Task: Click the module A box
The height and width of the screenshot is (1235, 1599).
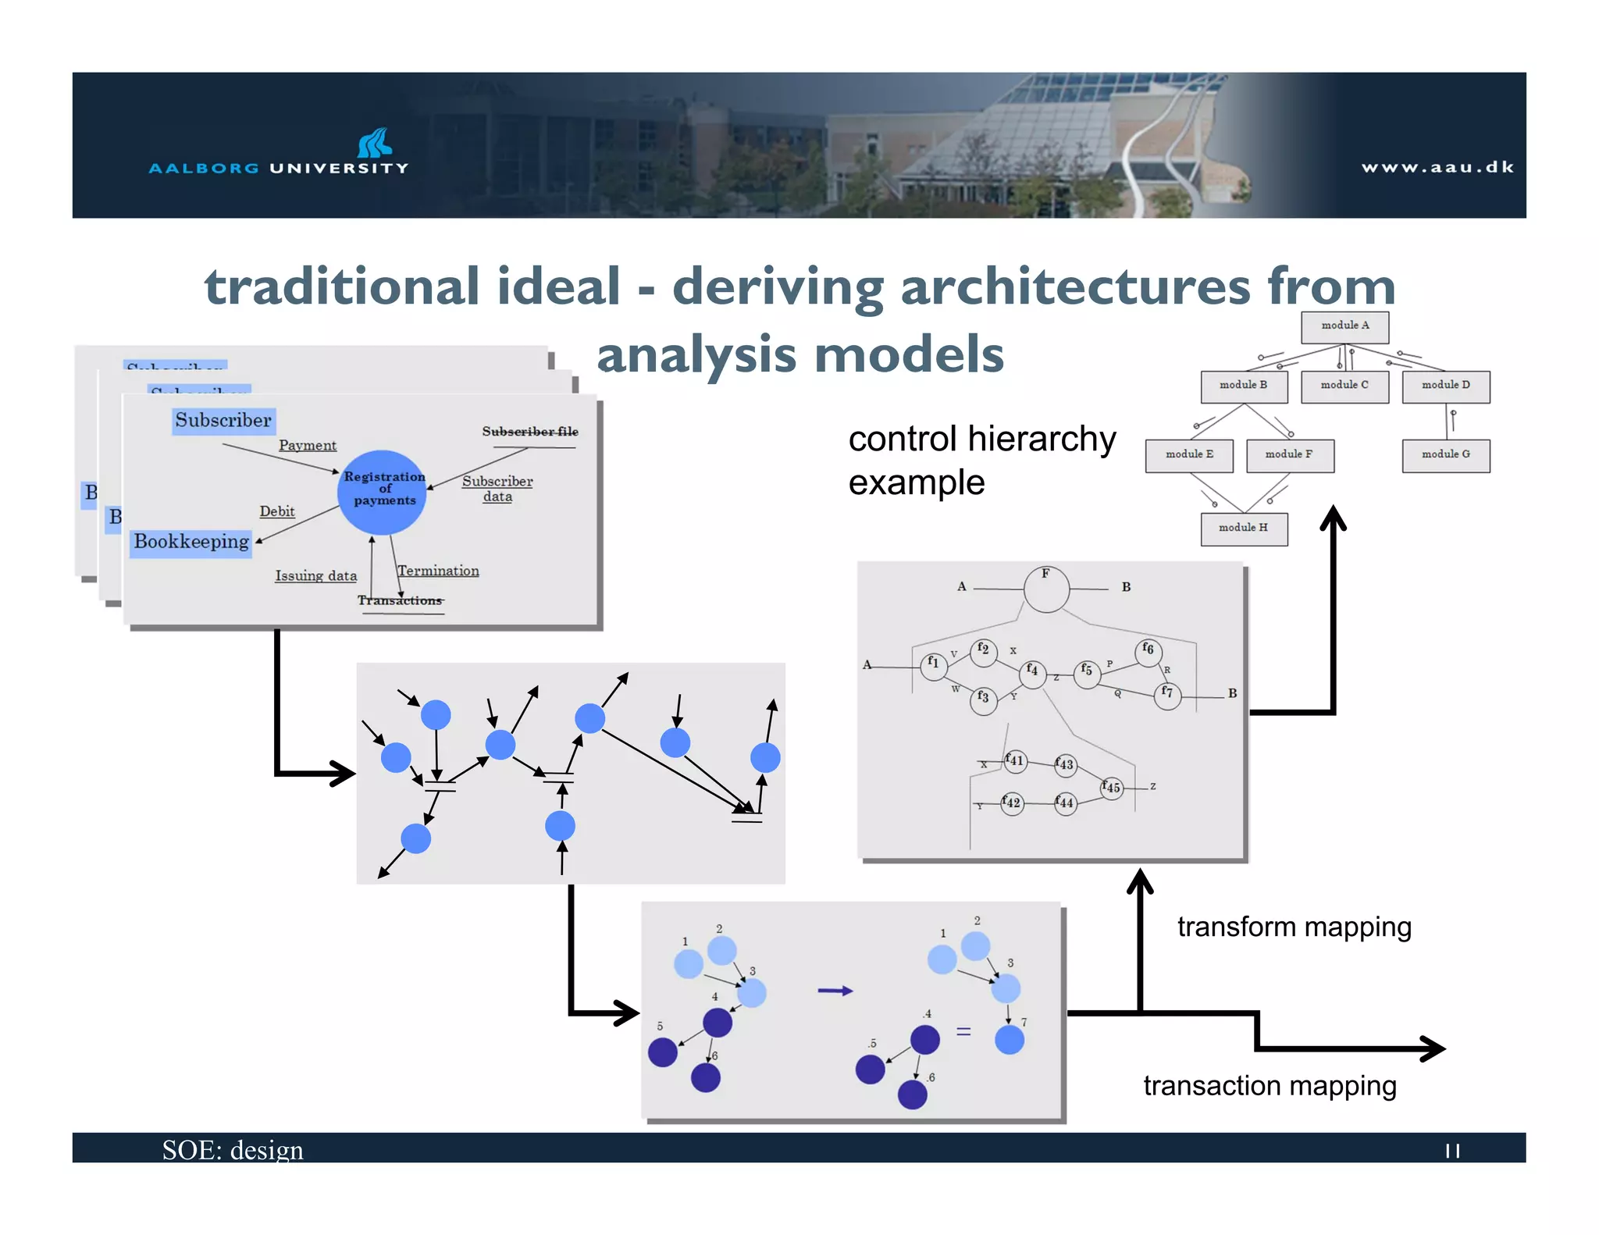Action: click(1344, 326)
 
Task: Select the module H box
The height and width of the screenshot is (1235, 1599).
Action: click(1243, 529)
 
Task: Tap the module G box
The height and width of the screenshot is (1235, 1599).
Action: click(1445, 455)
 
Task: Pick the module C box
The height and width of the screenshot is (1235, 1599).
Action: click(1344, 386)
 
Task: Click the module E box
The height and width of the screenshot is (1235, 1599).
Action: click(1188, 455)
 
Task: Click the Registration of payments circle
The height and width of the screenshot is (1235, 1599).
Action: click(382, 492)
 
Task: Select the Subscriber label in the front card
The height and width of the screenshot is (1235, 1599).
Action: click(223, 421)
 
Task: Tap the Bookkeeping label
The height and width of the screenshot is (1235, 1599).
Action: click(191, 542)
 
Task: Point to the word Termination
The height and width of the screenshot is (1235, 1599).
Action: click(438, 571)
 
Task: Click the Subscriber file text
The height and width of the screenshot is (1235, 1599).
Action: click(530, 432)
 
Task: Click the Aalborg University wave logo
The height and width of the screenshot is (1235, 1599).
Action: click(375, 143)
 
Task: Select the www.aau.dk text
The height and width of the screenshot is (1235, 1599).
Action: click(1437, 167)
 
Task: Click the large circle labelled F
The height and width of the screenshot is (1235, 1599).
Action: click(1046, 589)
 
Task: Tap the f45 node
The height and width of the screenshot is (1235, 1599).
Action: click(1111, 787)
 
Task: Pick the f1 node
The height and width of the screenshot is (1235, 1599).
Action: click(933, 665)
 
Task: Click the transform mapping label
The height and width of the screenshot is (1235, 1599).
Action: click(1294, 927)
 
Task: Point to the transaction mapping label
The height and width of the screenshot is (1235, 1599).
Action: click(1270, 1086)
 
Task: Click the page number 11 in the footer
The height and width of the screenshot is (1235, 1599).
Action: click(1452, 1151)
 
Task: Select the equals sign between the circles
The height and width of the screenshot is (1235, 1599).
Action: click(963, 1032)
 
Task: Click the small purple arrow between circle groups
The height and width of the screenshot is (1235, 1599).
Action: click(835, 991)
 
